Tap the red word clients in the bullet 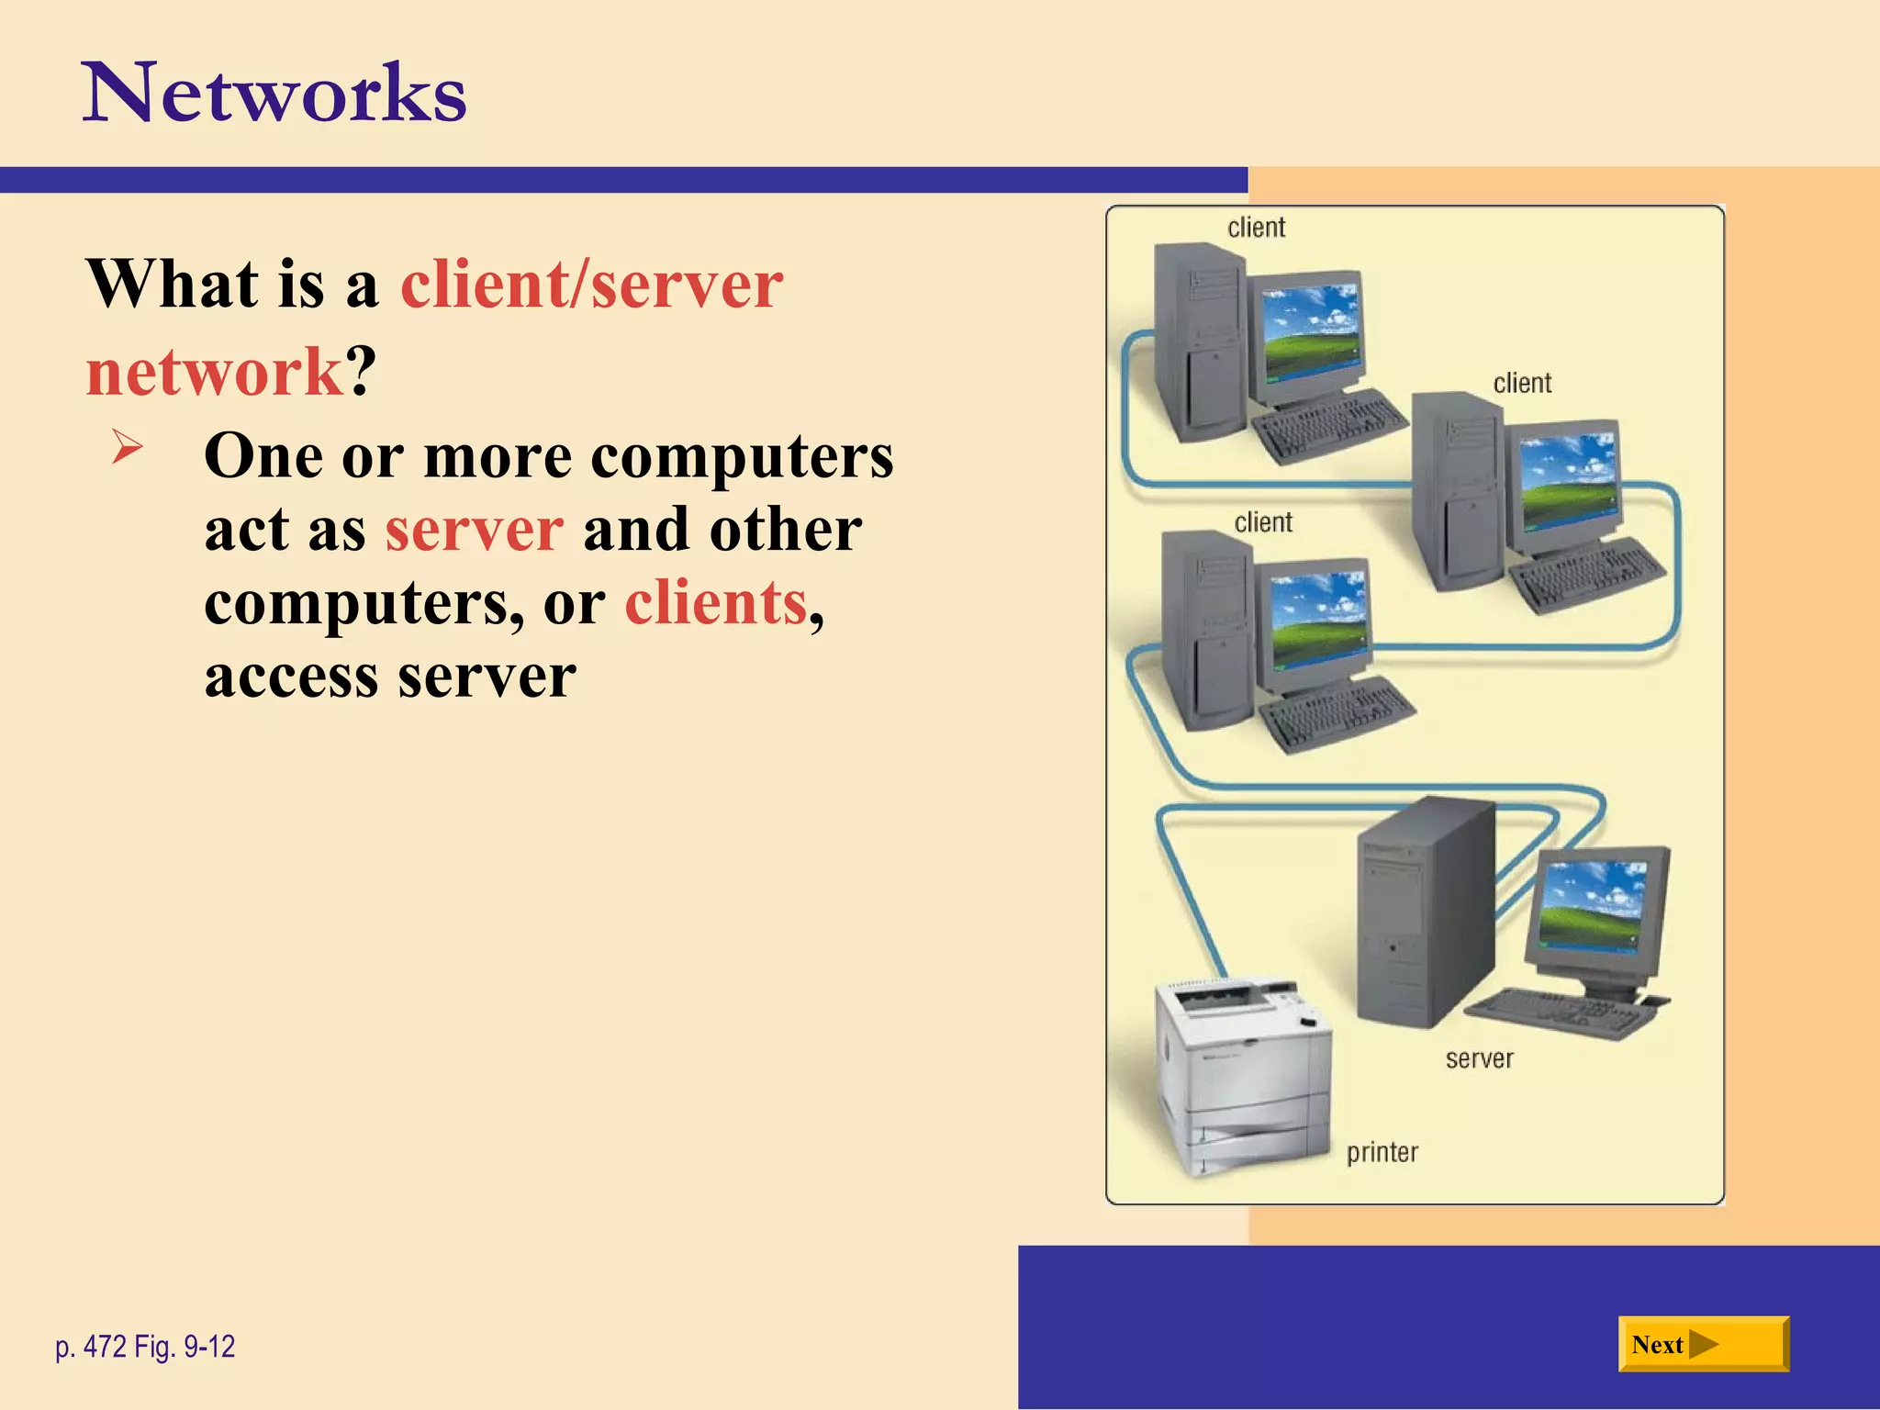(x=716, y=603)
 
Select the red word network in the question (x=214, y=372)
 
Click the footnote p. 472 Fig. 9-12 (x=145, y=1347)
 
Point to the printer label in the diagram (x=1382, y=1152)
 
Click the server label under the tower (x=1479, y=1058)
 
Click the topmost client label (x=1256, y=227)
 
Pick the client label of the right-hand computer (x=1522, y=383)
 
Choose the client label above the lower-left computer (x=1263, y=522)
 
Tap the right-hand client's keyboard (x=1586, y=573)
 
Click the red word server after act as (x=474, y=530)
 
